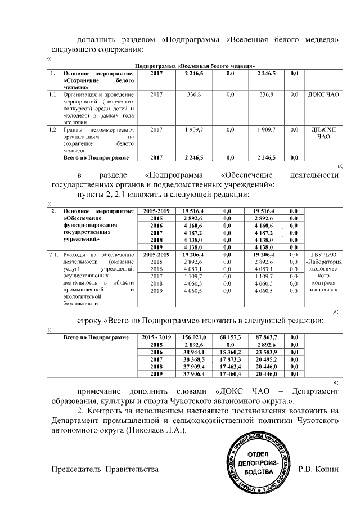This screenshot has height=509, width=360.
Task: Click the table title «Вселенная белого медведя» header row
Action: pyautogui.click(x=195, y=66)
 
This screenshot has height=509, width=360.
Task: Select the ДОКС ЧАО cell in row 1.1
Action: pyautogui.click(x=323, y=95)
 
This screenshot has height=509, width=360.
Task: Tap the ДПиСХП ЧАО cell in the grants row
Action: pyautogui.click(x=323, y=133)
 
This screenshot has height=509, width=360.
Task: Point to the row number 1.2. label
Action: pyautogui.click(x=53, y=130)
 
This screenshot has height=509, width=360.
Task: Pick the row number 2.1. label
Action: pyautogui.click(x=53, y=255)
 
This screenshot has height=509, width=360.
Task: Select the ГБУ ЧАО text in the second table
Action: pyautogui.click(x=323, y=255)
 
